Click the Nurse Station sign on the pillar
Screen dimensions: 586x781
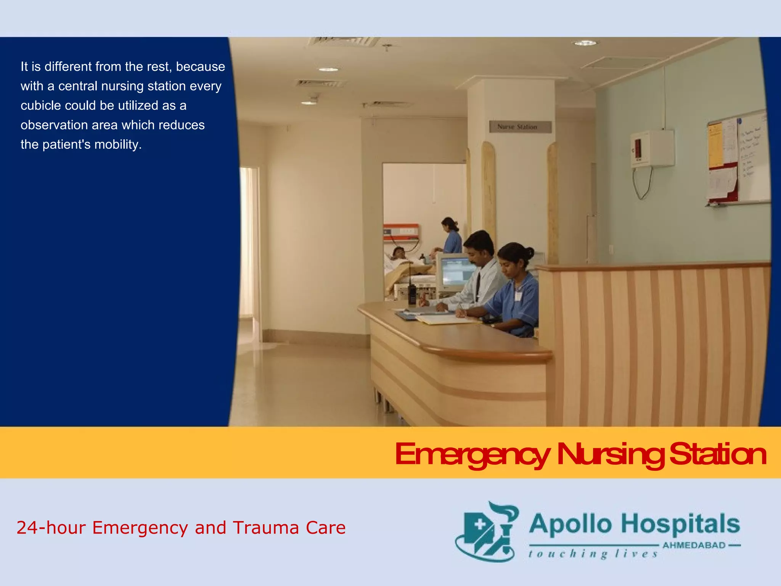tap(520, 127)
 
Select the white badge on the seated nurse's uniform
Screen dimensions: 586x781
tap(518, 296)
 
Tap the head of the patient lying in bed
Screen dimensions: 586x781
tap(398, 253)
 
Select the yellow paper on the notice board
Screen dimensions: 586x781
tap(715, 145)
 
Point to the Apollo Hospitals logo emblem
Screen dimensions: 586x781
tap(487, 532)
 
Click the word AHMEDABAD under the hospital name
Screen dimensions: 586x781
tap(694, 545)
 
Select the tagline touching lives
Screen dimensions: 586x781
tap(593, 554)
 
